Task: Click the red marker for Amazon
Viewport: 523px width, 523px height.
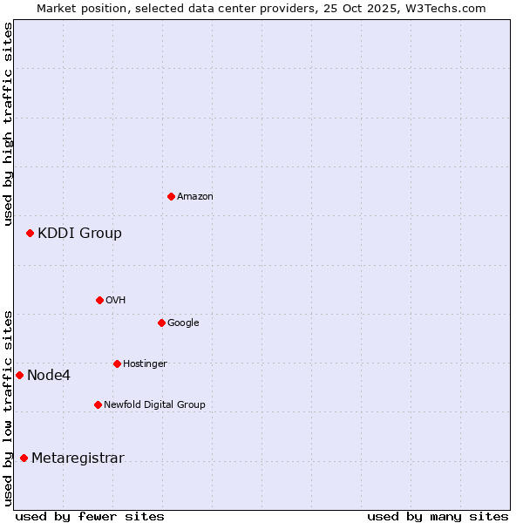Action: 171,196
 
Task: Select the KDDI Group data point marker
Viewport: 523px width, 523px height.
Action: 30,233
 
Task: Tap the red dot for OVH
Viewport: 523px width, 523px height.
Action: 99,300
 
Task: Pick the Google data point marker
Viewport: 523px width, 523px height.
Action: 161,323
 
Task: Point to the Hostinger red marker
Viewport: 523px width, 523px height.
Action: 117,363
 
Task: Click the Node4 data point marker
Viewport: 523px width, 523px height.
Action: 19,375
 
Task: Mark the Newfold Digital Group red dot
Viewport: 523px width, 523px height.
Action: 98,404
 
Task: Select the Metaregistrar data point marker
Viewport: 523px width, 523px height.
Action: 24,458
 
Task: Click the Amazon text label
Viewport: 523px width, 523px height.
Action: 195,196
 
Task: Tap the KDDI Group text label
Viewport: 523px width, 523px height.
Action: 79,233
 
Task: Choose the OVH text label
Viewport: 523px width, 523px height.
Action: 116,300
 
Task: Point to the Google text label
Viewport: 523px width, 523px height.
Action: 183,323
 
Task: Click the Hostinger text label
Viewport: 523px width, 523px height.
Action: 145,363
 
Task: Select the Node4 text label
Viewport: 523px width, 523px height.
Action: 49,375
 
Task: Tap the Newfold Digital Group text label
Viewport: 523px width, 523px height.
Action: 154,404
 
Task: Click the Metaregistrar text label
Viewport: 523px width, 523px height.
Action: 78,458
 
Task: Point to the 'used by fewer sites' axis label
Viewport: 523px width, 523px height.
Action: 90,516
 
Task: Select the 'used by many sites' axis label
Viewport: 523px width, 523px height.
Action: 438,516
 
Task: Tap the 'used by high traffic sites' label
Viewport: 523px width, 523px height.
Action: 8,124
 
